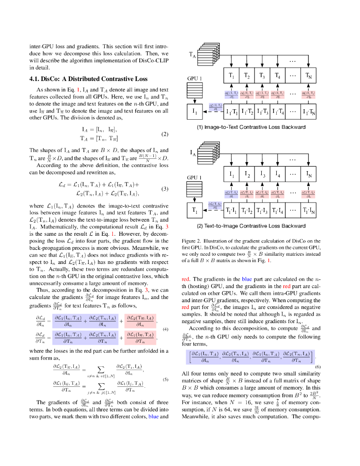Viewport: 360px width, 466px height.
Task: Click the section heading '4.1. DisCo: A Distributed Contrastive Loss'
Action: tap(88, 78)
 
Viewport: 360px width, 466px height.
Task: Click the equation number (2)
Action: tap(165, 134)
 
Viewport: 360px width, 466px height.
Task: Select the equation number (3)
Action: tap(165, 189)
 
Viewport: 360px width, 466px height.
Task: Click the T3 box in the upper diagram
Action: tap(262, 76)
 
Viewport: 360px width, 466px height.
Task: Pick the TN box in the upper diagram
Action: tap(308, 76)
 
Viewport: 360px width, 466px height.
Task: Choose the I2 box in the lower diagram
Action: tap(247, 175)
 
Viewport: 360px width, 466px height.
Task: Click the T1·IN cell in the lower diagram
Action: tap(308, 211)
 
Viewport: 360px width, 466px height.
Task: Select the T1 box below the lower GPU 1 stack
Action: tap(194, 211)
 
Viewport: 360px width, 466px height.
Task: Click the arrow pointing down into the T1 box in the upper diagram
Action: tap(232, 64)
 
